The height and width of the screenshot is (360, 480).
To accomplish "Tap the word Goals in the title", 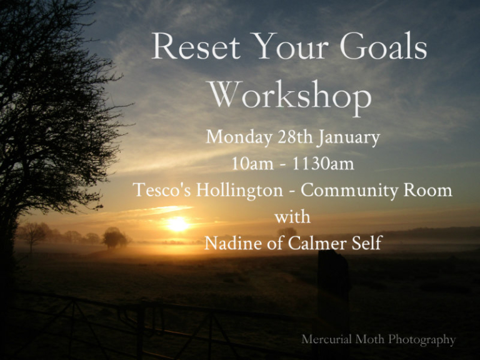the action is click(x=383, y=46).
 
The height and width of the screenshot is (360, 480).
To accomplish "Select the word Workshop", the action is click(x=290, y=97).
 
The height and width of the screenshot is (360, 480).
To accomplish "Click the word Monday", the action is click(x=239, y=137).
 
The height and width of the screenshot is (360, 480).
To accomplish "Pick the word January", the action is click(x=348, y=137).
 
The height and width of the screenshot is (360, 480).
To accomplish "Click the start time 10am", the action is click(x=252, y=164).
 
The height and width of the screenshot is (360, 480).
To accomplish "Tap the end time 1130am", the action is click(x=323, y=164).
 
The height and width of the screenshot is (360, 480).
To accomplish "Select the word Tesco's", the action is click(x=162, y=190).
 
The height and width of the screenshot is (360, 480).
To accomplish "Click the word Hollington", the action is click(x=240, y=191).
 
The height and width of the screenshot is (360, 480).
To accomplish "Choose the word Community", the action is click(x=349, y=191).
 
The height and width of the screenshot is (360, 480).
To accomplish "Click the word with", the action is click(x=292, y=217).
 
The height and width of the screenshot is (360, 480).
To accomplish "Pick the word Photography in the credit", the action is click(x=422, y=340).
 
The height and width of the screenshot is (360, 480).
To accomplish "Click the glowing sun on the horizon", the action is click(x=177, y=224).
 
